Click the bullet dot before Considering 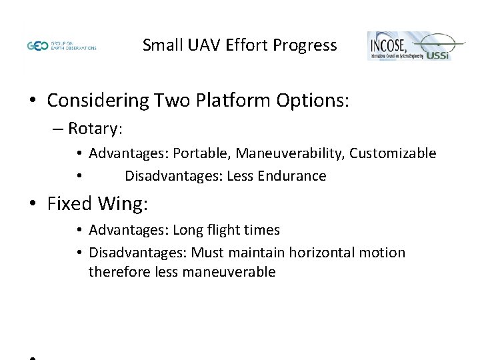32,101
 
